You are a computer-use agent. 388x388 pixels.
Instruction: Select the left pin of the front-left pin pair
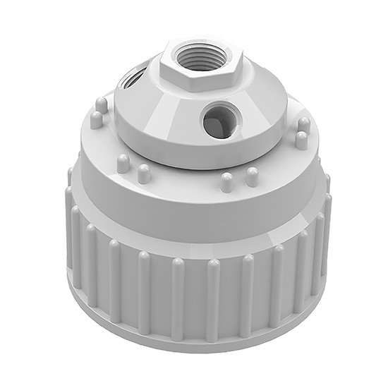[x=122, y=164]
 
